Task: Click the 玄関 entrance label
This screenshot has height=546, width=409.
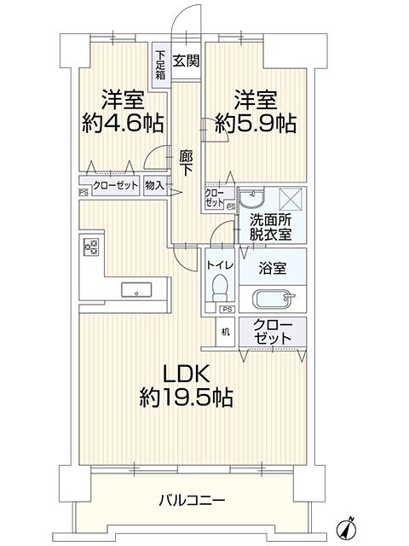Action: click(x=187, y=61)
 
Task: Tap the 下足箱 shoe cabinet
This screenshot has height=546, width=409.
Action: click(x=161, y=65)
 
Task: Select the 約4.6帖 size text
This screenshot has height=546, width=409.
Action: click(x=123, y=123)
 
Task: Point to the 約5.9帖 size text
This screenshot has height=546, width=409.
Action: click(x=256, y=123)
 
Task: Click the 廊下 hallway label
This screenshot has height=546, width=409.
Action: click(x=186, y=163)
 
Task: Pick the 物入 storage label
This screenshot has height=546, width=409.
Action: click(x=154, y=185)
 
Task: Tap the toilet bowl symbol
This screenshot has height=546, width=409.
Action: click(x=220, y=288)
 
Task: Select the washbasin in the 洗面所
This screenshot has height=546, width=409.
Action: click(x=251, y=199)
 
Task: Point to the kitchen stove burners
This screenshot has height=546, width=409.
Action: click(x=91, y=247)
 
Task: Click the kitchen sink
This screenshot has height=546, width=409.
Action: click(x=136, y=290)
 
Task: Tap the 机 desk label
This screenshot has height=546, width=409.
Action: click(x=226, y=332)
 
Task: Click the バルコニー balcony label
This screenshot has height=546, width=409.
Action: click(x=192, y=501)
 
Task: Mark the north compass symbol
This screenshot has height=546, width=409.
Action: click(x=347, y=529)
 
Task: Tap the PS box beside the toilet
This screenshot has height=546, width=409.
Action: click(x=228, y=309)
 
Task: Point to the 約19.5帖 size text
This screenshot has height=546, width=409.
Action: click(x=186, y=398)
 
